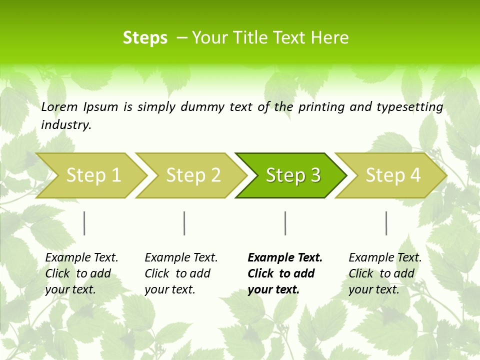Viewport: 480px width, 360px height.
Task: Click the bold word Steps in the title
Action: pos(145,38)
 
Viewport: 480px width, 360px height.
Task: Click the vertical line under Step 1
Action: pos(84,223)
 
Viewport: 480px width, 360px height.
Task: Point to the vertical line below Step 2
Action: pos(184,223)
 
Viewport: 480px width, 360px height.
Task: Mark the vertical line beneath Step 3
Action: pos(285,223)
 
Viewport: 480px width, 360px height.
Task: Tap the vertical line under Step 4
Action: pos(386,223)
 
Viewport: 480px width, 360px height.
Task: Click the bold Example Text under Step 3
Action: pos(285,273)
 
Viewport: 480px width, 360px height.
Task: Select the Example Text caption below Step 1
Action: pos(81,273)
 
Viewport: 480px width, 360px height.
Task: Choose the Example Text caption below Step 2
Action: pos(181,273)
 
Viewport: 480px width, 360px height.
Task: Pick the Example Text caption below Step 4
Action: pos(385,273)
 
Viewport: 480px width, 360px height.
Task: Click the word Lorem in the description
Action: pos(59,107)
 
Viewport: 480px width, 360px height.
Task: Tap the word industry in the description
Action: pos(66,125)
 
